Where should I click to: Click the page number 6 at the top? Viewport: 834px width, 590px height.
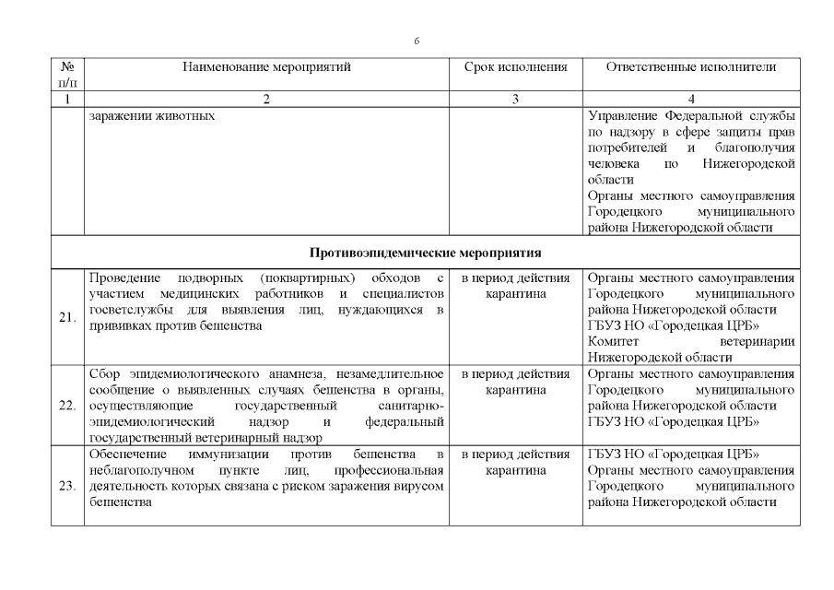tap(417, 41)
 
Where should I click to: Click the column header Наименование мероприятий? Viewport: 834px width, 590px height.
tap(266, 67)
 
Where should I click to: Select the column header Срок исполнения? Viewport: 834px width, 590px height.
tap(515, 67)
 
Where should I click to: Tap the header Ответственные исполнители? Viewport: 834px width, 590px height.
tap(691, 67)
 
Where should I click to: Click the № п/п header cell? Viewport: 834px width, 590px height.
tap(67, 75)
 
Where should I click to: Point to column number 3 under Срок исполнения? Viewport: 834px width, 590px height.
tap(515, 100)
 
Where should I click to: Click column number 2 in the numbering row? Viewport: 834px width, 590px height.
tap(266, 100)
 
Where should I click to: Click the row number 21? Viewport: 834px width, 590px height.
tap(67, 317)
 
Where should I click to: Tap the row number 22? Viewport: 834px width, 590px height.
tap(67, 406)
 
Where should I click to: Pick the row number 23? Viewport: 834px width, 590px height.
tap(67, 487)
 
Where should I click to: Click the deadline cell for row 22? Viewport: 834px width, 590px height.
tap(515, 382)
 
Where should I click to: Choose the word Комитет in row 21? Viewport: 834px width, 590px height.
tap(614, 341)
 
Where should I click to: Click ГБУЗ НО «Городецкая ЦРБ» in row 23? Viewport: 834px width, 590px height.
tap(672, 454)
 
